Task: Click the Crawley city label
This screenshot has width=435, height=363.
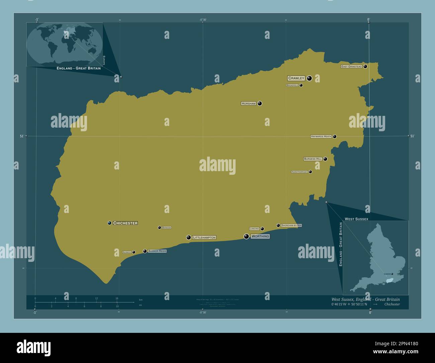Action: (296, 78)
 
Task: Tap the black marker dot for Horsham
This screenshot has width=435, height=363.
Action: (260, 103)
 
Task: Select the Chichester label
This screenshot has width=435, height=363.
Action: (125, 223)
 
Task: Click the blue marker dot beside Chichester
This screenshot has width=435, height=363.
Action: (109, 223)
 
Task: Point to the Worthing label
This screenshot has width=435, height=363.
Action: (260, 236)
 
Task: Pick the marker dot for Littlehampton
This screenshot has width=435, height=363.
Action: (189, 237)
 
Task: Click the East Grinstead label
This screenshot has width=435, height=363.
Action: (351, 67)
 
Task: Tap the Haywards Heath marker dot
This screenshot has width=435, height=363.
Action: (335, 137)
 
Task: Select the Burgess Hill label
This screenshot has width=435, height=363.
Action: (313, 159)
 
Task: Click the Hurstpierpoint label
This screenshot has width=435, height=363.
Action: (299, 172)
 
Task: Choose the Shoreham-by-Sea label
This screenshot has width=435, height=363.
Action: (291, 225)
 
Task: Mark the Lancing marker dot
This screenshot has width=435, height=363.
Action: (262, 229)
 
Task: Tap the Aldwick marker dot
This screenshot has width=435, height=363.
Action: (134, 252)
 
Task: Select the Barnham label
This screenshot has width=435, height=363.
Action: (166, 228)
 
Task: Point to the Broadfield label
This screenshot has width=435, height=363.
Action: (292, 85)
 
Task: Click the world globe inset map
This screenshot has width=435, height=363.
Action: (65, 44)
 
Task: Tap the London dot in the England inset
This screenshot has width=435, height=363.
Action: (392, 274)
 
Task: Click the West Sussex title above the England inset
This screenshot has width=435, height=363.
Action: (356, 219)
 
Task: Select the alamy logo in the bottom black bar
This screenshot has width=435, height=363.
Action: (33, 347)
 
